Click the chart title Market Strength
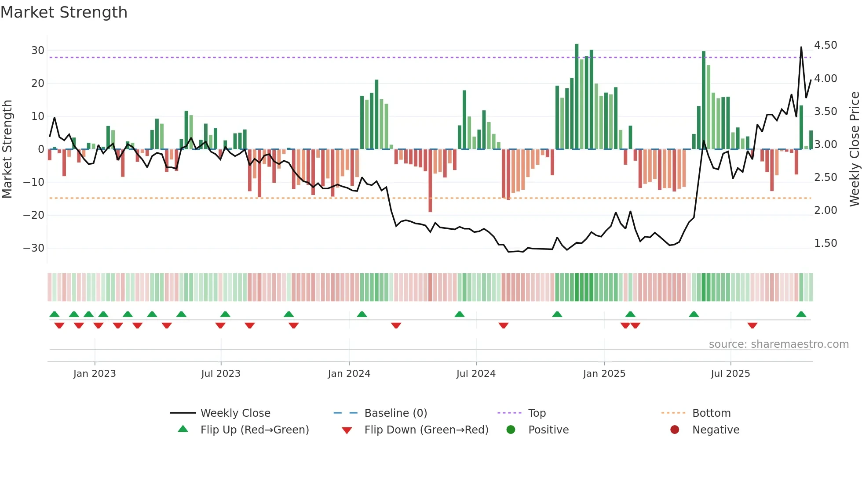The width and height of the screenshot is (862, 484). [x=64, y=12]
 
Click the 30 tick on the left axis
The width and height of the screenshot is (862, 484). [x=38, y=51]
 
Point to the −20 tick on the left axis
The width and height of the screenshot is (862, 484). [x=34, y=215]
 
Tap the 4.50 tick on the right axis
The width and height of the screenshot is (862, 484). [x=825, y=45]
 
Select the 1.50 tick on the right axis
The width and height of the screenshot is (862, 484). [x=825, y=243]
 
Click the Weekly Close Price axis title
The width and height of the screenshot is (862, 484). [x=854, y=149]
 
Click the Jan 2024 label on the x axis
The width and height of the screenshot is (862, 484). [x=349, y=374]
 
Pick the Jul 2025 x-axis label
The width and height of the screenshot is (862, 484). [x=731, y=374]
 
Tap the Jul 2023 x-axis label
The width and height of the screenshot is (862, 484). [x=221, y=374]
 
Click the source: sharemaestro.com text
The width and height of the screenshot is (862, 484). [x=778, y=344]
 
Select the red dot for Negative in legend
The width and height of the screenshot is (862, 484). [x=675, y=430]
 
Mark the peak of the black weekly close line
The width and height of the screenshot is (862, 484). [x=801, y=47]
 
